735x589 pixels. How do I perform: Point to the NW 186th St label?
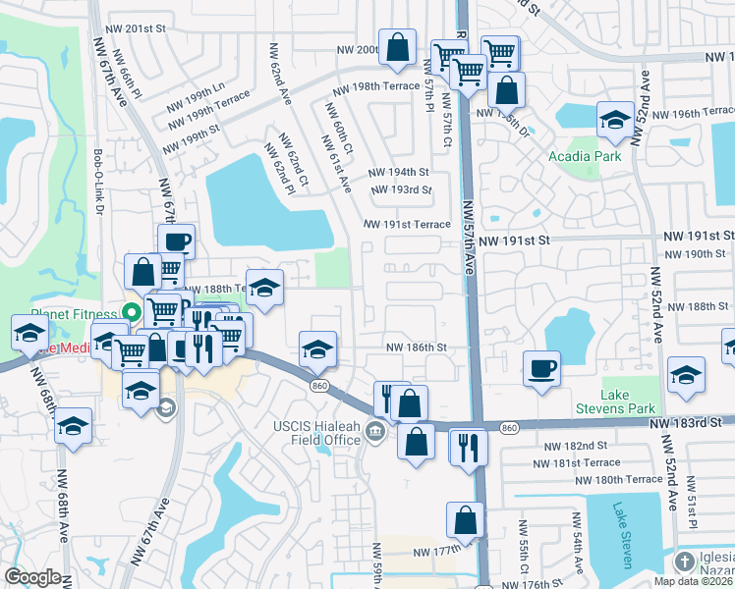point(416,348)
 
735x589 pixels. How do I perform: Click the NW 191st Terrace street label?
point(407,225)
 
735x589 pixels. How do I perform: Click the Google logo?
point(32,577)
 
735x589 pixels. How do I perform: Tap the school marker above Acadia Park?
point(615,121)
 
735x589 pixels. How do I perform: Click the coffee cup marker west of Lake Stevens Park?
point(541,370)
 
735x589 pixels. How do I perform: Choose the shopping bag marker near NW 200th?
point(396,48)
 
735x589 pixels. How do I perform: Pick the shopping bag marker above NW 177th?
point(465,521)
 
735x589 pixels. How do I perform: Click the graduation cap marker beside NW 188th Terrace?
point(264,288)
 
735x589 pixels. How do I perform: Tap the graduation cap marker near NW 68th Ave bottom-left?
point(73,428)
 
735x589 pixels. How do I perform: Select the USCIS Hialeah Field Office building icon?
point(374,431)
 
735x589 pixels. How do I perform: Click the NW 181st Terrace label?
point(583,462)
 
